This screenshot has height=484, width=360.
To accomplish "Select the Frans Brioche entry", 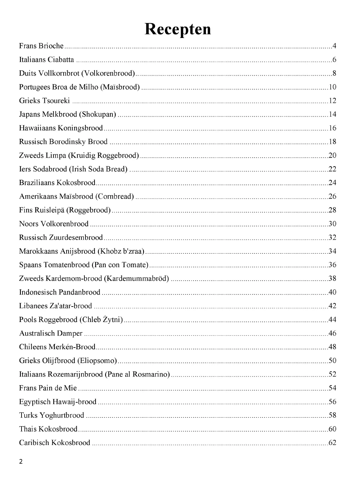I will [41, 46].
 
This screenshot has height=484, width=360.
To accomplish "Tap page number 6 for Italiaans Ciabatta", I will [334, 60].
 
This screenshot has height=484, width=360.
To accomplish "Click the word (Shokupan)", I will [97, 114].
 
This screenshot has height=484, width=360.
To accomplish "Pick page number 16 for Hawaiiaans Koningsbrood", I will [332, 128].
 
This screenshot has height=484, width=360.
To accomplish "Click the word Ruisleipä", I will [49, 210].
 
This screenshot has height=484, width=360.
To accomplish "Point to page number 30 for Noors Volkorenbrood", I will [332, 224].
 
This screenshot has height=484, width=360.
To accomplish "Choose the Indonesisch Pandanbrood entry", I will [60, 292].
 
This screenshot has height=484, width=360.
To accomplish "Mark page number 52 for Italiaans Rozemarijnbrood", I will [332, 374].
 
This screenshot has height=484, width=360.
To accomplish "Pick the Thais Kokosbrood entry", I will [48, 429].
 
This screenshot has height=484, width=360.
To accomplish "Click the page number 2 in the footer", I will [21, 461].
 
